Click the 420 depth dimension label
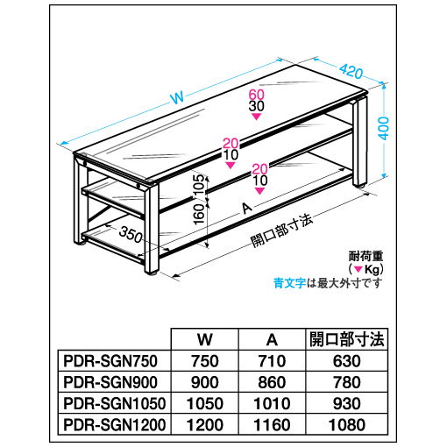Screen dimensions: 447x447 pos(351,71)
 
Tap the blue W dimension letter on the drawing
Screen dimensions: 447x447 pos(177,97)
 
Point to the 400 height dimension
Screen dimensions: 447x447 pos(383,128)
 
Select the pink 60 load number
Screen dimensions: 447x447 pos(256,95)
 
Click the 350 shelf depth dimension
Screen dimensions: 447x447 pos(131,234)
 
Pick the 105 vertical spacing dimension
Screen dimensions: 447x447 pos(199,186)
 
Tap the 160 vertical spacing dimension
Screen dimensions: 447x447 pos(199,214)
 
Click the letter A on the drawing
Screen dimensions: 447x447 pos(247,209)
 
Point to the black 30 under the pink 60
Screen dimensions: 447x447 pos(256,106)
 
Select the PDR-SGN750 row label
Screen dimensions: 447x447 pos(110,361)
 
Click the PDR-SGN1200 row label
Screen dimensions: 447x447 pos(114,425)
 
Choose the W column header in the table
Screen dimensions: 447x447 pos(204,339)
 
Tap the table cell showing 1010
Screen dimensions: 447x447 pos(272,404)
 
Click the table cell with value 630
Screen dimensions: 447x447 pos(347,361)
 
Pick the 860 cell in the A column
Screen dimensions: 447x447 pos(272,382)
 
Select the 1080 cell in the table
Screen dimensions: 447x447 pos(347,425)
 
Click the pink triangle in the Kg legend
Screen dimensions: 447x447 pos(358,269)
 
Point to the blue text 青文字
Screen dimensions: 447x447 pos(289,283)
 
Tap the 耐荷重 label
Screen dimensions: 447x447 pos(365,257)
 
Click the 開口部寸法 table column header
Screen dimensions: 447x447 pos(347,339)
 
